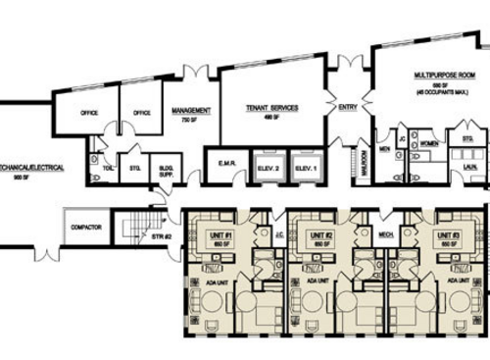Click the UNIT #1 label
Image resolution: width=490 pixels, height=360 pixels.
pyautogui.click(x=220, y=235)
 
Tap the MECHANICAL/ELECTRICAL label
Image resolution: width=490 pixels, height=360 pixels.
pyautogui.click(x=31, y=168)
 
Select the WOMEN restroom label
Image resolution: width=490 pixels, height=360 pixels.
pyautogui.click(x=427, y=142)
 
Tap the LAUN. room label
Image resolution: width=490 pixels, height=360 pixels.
pyautogui.click(x=468, y=167)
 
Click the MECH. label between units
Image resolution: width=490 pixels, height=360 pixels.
pyautogui.click(x=373, y=234)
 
